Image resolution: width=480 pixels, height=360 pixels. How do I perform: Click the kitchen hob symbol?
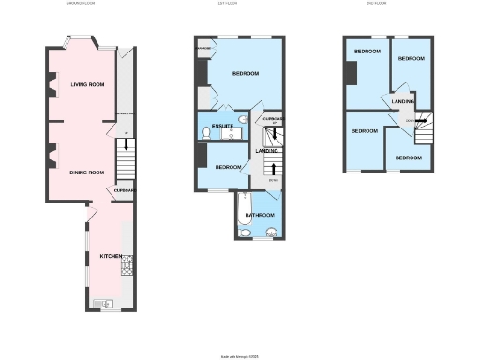[x=127, y=269]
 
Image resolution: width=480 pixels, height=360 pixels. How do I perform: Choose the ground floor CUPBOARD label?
[x=126, y=191]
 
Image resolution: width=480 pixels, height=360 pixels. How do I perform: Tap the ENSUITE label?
[x=223, y=125]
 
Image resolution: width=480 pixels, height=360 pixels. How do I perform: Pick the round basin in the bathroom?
[x=271, y=232]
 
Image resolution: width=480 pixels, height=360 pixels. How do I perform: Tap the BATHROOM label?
[x=259, y=215]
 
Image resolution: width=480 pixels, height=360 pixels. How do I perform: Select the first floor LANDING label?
[x=266, y=151]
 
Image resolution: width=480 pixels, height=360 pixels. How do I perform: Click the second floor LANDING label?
[x=402, y=101]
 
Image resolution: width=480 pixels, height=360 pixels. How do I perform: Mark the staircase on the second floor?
[x=422, y=120]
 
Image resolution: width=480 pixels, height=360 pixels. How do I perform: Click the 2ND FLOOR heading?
[x=376, y=4]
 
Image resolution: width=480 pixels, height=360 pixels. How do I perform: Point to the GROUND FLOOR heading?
[x=81, y=4]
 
